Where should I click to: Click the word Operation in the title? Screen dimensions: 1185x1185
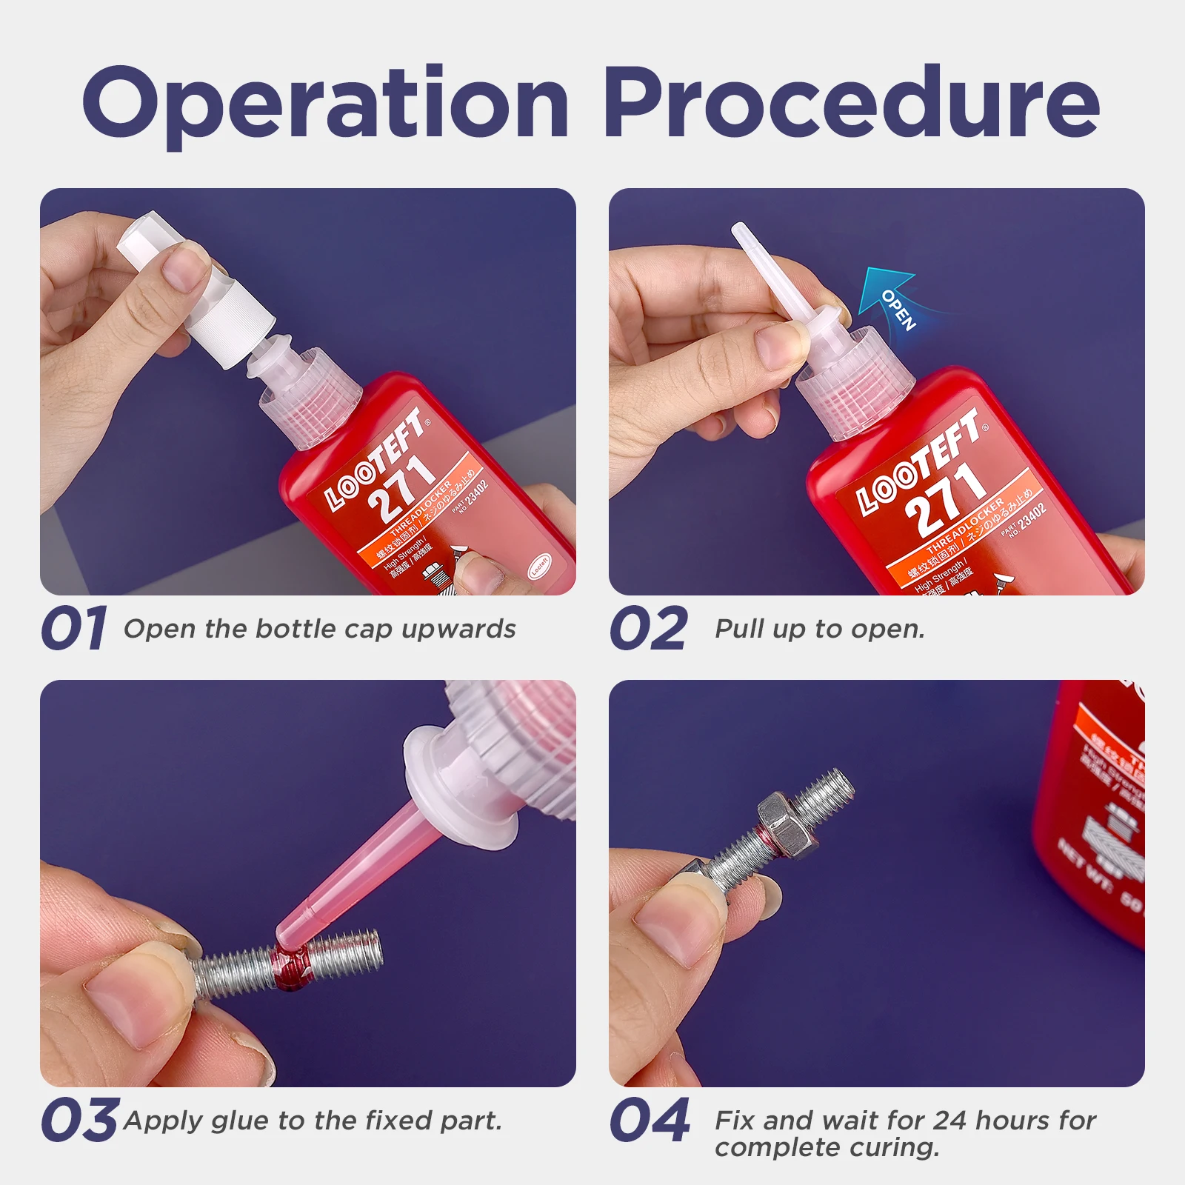pyautogui.click(x=326, y=104)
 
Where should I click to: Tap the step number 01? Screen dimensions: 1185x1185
pyautogui.click(x=74, y=629)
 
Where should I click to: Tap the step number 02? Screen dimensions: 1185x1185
pyautogui.click(x=649, y=629)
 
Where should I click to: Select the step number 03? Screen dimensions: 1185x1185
pyautogui.click(x=79, y=1120)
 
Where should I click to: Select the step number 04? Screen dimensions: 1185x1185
pyautogui.click(x=650, y=1120)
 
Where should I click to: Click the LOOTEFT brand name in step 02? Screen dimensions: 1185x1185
pyautogui.click(x=918, y=464)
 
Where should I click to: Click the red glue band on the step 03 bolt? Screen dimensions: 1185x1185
pyautogui.click(x=290, y=967)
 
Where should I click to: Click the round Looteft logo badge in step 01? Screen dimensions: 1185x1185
pyautogui.click(x=538, y=567)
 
